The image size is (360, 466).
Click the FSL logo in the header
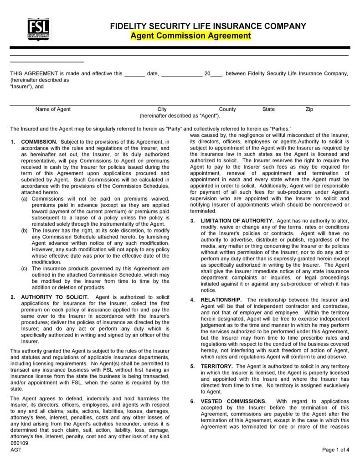click(x=39, y=29)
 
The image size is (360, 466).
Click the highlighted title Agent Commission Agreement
click(x=190, y=36)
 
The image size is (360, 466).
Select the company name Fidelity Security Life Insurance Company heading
click(x=208, y=26)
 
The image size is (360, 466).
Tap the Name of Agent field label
click(x=53, y=109)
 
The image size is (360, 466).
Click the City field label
click(x=162, y=109)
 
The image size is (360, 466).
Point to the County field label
click(x=227, y=109)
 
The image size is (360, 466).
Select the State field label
click(x=268, y=109)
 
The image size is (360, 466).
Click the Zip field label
click(x=309, y=109)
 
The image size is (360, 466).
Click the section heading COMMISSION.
click(x=39, y=142)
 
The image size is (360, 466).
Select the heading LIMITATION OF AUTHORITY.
click(x=237, y=221)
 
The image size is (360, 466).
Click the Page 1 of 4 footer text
click(x=336, y=449)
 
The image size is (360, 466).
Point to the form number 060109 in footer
click(x=19, y=443)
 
